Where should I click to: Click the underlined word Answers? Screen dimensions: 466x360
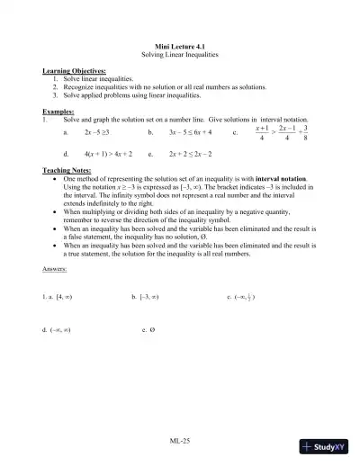tap(57, 269)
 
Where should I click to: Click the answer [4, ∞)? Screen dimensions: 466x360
tap(68, 295)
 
